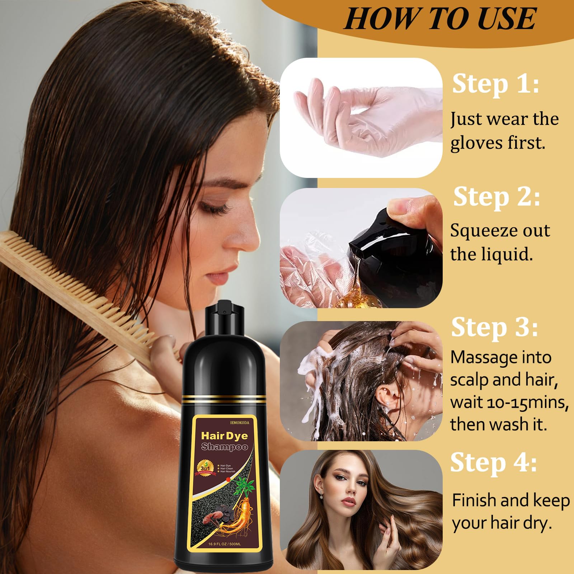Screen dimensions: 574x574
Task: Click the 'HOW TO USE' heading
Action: pos(440,19)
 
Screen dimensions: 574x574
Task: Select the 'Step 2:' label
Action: pos(497,197)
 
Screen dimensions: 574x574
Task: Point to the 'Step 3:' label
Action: pos(495,328)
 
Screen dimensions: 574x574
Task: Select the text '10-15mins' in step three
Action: pos(524,403)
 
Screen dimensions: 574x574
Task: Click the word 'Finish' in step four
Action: pos(473,500)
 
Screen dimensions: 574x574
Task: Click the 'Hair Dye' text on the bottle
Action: pos(224,436)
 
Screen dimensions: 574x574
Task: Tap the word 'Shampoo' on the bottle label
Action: pos(225,447)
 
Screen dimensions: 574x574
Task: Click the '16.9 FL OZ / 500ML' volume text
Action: pos(224,544)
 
